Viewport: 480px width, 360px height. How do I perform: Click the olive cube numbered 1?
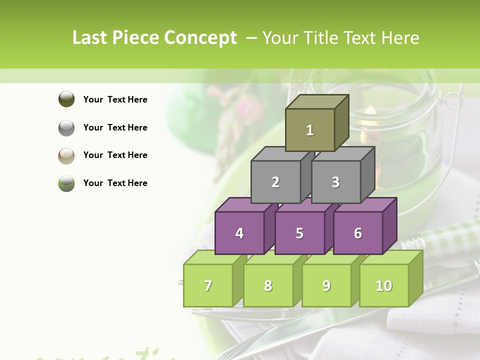click(310, 130)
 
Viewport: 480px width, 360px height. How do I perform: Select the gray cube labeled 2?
click(275, 182)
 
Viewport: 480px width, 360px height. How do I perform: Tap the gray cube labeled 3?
click(335, 182)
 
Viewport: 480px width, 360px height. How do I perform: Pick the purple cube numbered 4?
click(239, 233)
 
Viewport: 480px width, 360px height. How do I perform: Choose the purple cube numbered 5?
click(299, 233)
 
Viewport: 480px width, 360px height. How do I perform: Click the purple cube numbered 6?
click(358, 233)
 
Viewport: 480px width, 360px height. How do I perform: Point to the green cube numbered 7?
click(208, 285)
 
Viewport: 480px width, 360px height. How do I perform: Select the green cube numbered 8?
click(268, 285)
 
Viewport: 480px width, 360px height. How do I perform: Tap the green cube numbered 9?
click(326, 285)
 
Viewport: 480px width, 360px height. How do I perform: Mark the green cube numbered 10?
click(384, 285)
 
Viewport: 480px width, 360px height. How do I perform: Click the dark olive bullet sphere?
click(66, 99)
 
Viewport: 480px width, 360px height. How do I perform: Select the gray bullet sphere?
click(66, 127)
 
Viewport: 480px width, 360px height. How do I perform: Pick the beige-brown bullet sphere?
click(66, 155)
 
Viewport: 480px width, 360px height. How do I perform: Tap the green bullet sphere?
click(66, 183)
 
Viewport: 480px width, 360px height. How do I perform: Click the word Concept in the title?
click(200, 38)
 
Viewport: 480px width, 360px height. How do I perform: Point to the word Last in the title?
click(90, 38)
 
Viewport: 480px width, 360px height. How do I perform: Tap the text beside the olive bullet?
click(115, 99)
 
